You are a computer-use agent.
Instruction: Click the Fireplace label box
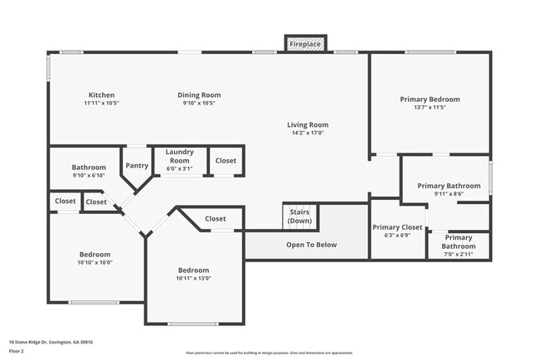pyautogui.click(x=306, y=43)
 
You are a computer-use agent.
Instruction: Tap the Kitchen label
pyautogui.click(x=101, y=95)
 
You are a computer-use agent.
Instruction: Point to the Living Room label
pyautogui.click(x=308, y=124)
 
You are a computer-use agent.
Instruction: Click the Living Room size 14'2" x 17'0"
pyautogui.click(x=308, y=133)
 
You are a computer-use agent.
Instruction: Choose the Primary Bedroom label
pyautogui.click(x=430, y=99)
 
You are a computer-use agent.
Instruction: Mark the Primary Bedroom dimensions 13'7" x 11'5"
pyautogui.click(x=430, y=107)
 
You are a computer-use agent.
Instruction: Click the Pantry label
pyautogui.click(x=137, y=165)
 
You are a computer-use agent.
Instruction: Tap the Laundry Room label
pyautogui.click(x=179, y=156)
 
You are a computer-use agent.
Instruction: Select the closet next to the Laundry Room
pyautogui.click(x=226, y=160)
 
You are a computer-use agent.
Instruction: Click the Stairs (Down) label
pyautogui.click(x=299, y=216)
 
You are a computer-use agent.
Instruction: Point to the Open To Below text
pyautogui.click(x=311, y=245)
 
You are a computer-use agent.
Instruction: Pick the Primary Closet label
pyautogui.click(x=397, y=227)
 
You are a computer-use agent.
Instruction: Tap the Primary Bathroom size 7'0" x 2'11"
pyautogui.click(x=459, y=254)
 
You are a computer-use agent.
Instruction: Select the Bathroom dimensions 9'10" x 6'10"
pyautogui.click(x=89, y=175)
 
